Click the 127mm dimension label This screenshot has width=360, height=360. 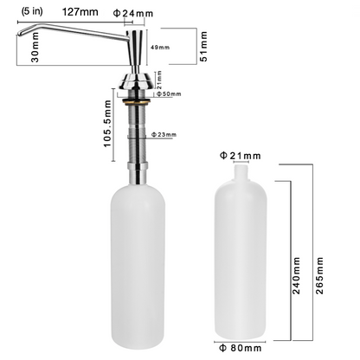(80, 13)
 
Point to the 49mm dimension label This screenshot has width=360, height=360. (159, 48)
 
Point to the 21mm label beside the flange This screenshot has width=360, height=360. (159, 77)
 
